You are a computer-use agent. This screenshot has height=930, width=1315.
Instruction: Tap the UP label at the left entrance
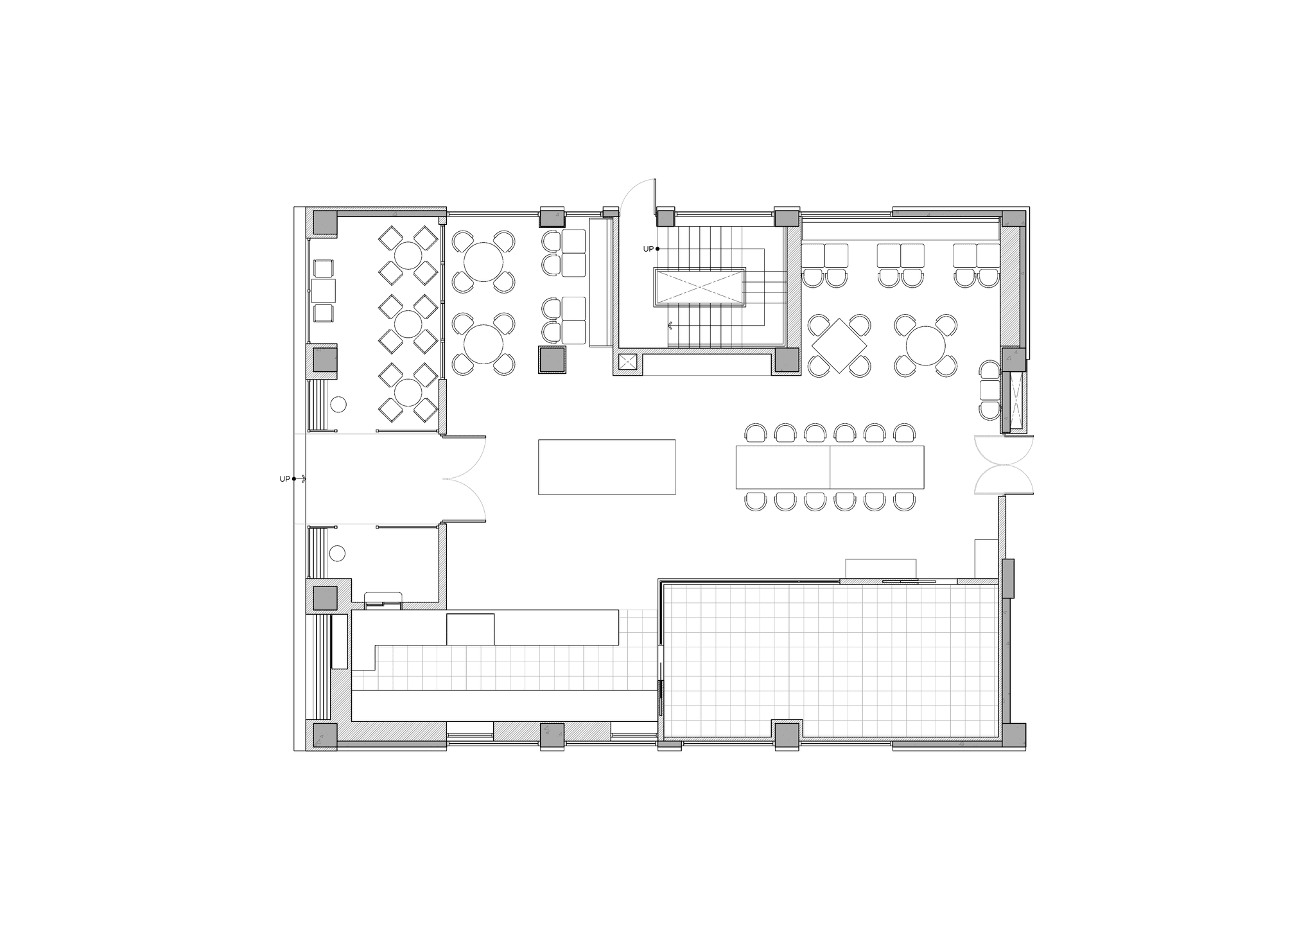[x=284, y=478]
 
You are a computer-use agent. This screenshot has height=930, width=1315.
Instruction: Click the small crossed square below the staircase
[x=626, y=362]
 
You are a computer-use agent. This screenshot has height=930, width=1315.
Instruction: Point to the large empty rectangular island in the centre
[x=607, y=467]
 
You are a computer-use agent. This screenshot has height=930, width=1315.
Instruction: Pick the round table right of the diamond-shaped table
[x=925, y=345]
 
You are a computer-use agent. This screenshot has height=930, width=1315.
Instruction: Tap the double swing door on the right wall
[x=1004, y=464]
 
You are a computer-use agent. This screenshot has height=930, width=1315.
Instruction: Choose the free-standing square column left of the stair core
[x=552, y=360]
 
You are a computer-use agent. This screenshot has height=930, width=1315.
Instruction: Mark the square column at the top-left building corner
[x=324, y=224]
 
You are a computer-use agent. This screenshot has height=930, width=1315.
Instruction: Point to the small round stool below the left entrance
[x=338, y=552]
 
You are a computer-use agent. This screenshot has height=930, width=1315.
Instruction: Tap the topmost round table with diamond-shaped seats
[x=408, y=254]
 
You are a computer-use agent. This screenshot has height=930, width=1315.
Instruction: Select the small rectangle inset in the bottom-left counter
[x=471, y=629]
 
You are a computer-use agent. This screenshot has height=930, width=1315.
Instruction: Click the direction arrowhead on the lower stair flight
[x=671, y=326]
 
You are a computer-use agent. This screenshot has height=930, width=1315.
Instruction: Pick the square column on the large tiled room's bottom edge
[x=787, y=735]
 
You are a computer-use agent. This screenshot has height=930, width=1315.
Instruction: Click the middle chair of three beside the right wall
[x=989, y=390]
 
